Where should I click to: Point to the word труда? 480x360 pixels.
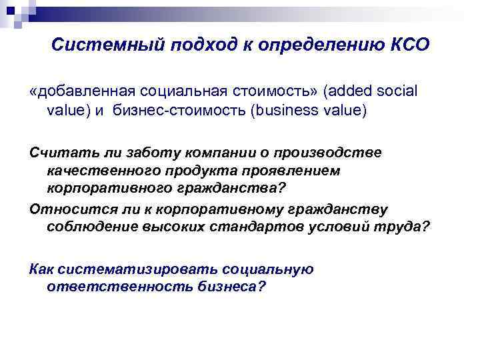407,228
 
